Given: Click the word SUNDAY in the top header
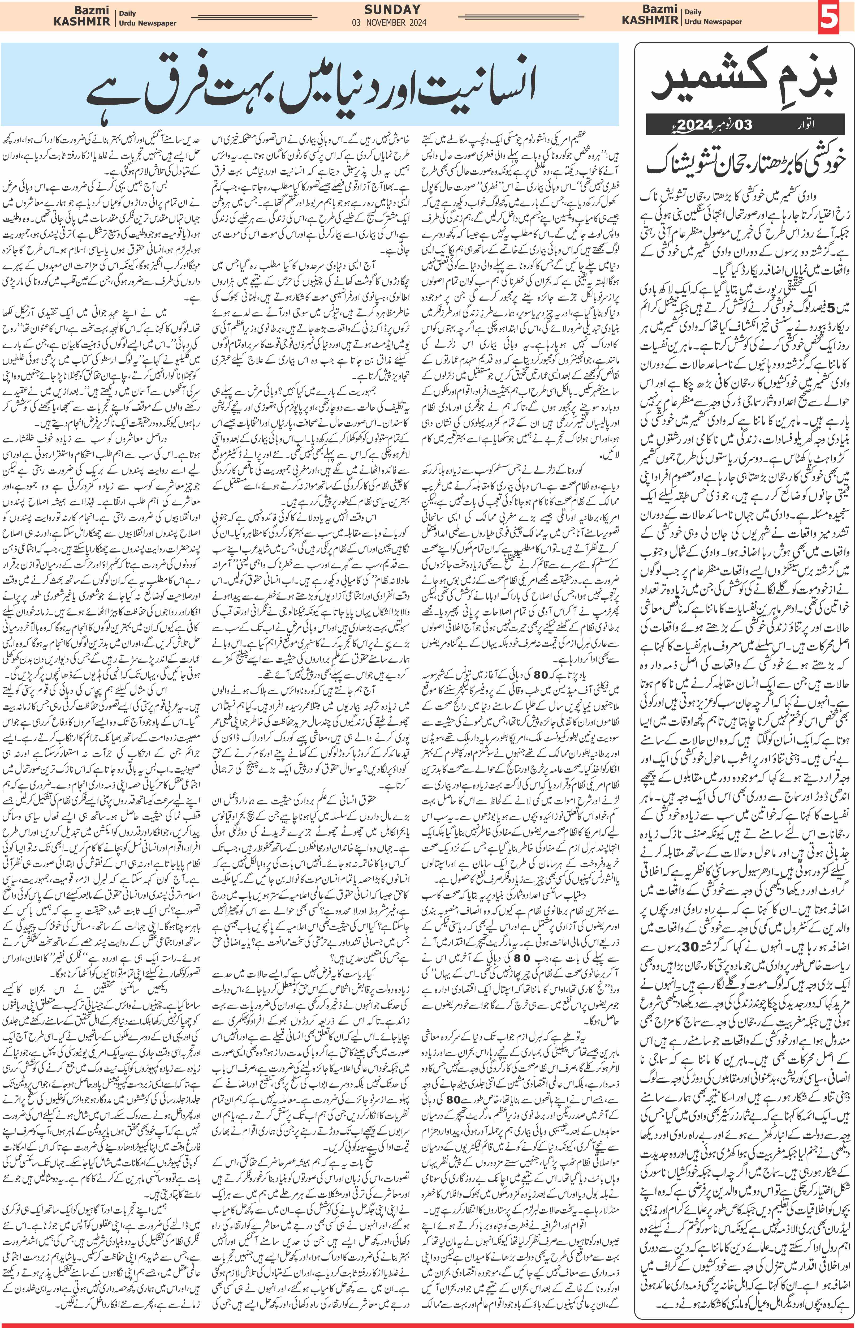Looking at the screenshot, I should pyautogui.click(x=392, y=10).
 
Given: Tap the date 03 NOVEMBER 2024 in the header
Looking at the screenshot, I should pyautogui.click(x=389, y=23).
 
